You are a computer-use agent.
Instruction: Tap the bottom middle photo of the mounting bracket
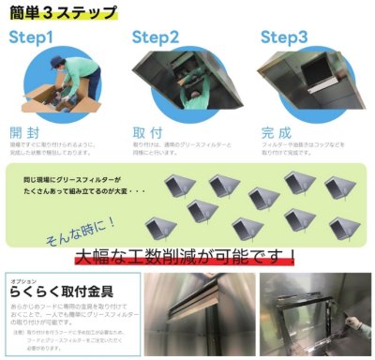point(200,314)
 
